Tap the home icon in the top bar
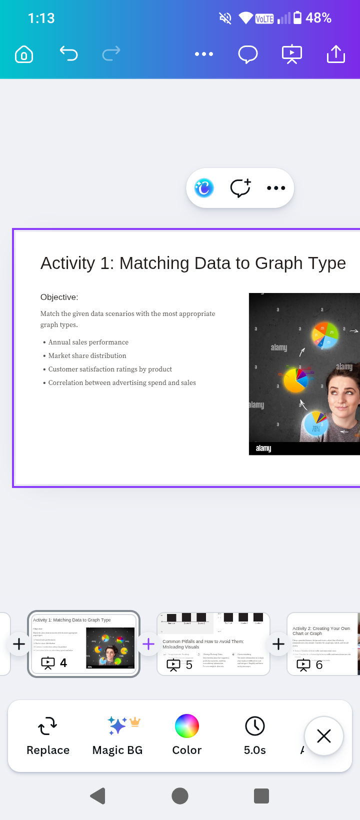tap(24, 54)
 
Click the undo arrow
tap(68, 53)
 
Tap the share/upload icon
tap(336, 54)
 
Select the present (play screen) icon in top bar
tap(292, 54)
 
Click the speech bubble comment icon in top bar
tap(247, 54)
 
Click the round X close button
tap(324, 736)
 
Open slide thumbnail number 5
tap(213, 644)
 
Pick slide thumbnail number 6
tap(323, 644)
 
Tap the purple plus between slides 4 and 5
tap(148, 644)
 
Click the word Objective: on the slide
tap(59, 297)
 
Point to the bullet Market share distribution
tap(87, 355)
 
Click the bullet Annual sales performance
tap(88, 342)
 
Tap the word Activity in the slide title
tap(67, 263)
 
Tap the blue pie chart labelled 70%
tap(315, 424)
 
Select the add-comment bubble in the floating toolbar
tap(240, 188)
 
